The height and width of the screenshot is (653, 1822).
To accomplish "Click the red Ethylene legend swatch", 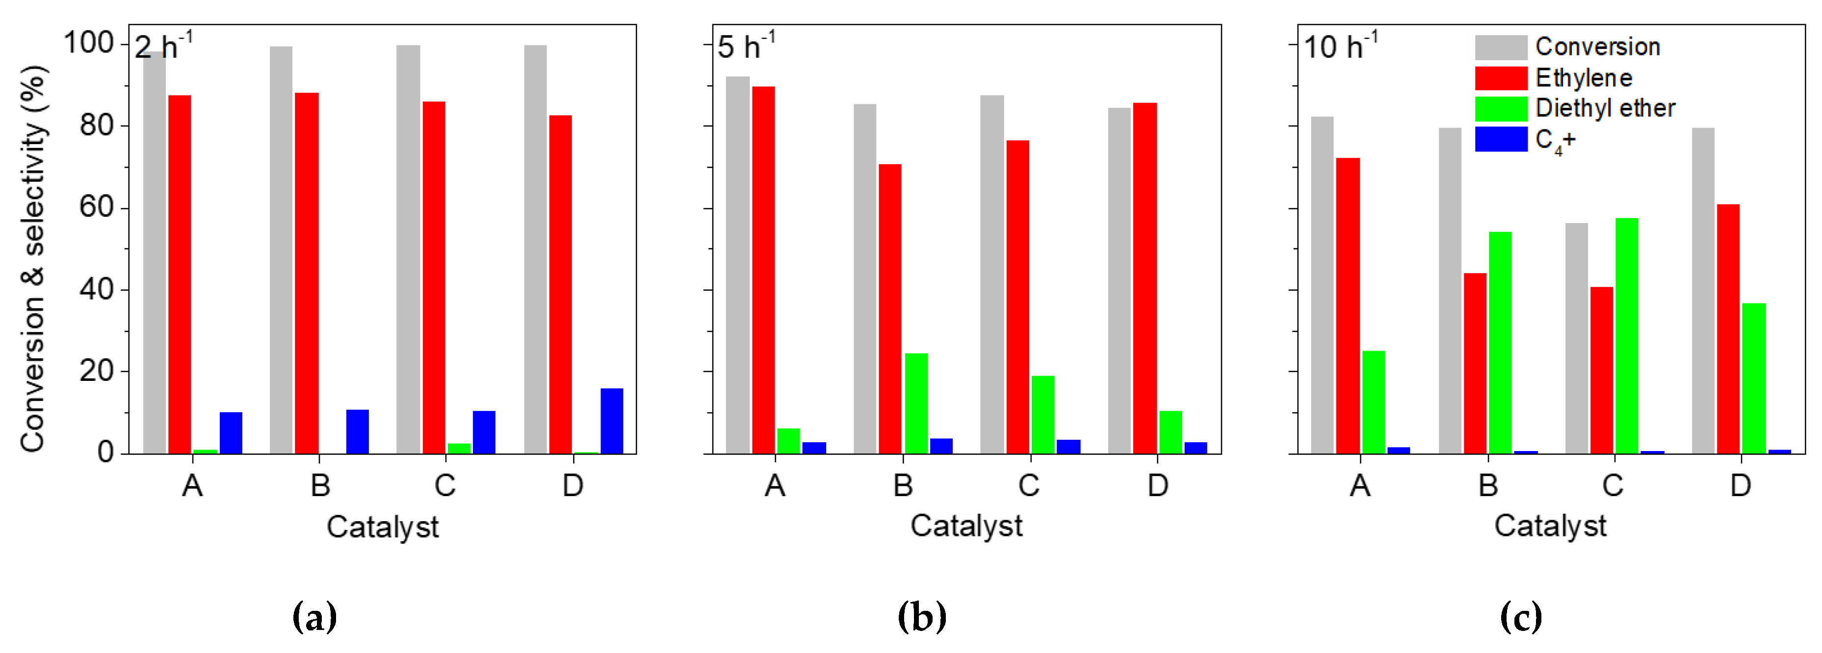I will pyautogui.click(x=1500, y=78).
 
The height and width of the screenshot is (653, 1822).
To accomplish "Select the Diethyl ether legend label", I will pyautogui.click(x=1605, y=108).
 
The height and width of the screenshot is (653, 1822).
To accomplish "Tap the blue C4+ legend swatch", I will pyautogui.click(x=1500, y=139).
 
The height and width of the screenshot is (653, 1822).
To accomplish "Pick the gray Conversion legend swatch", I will pyautogui.click(x=1500, y=48).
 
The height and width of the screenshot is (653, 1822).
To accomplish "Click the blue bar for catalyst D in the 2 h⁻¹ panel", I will pyautogui.click(x=612, y=421).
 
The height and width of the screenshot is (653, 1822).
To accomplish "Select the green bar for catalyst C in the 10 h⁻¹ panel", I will pyautogui.click(x=1626, y=336).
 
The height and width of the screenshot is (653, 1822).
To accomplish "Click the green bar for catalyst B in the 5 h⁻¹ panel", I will pyautogui.click(x=916, y=403).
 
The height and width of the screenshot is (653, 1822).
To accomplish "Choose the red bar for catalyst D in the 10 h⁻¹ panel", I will pyautogui.click(x=1728, y=328).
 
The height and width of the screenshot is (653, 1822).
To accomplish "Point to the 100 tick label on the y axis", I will pyautogui.click(x=88, y=44).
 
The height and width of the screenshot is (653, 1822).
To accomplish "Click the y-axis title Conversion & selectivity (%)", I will pyautogui.click(x=32, y=258).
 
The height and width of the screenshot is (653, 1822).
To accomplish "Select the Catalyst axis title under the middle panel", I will pyautogui.click(x=966, y=526).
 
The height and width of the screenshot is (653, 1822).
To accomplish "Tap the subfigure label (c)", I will pyautogui.click(x=1521, y=617).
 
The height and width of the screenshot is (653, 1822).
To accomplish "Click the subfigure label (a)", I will pyautogui.click(x=314, y=617).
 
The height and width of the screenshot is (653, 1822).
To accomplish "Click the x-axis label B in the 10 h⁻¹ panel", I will pyautogui.click(x=1488, y=485).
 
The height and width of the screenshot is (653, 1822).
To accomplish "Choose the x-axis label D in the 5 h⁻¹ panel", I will pyautogui.click(x=1157, y=485).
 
